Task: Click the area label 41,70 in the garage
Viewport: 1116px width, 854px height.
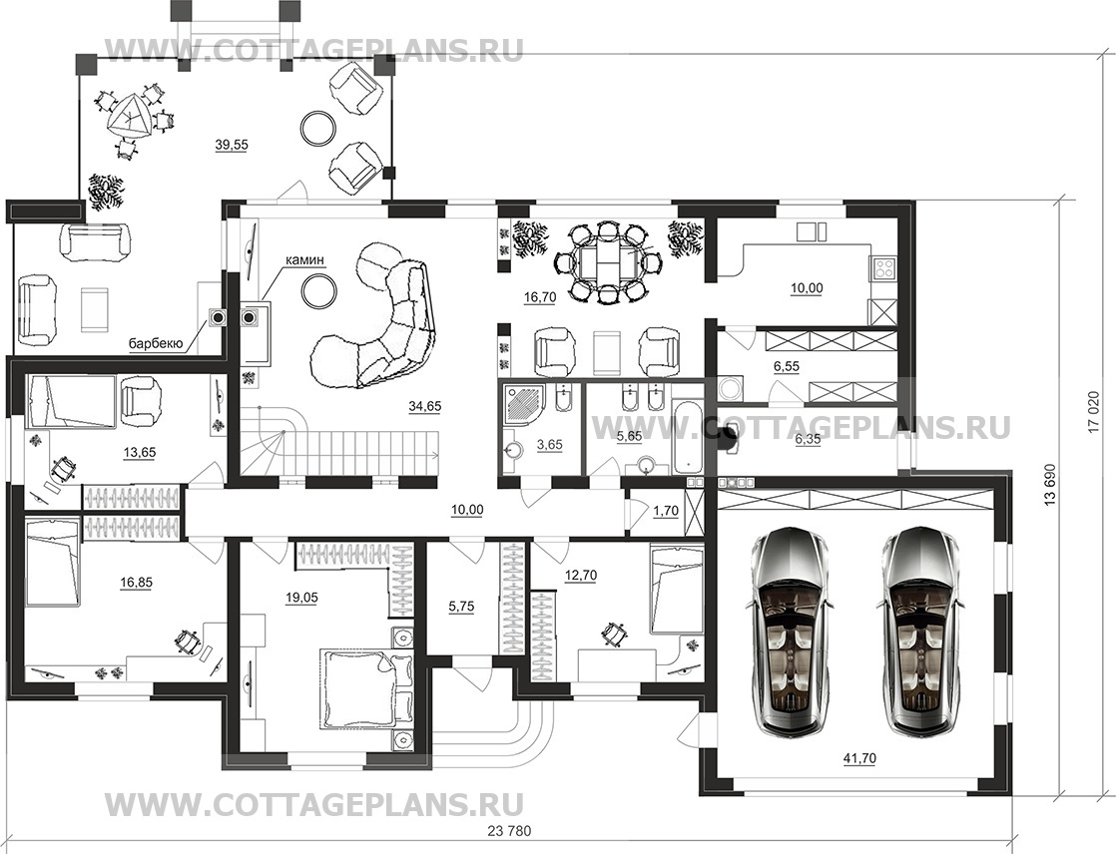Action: pyautogui.click(x=860, y=758)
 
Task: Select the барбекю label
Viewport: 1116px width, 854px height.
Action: pyautogui.click(x=156, y=344)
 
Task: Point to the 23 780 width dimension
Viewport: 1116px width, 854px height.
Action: pyautogui.click(x=510, y=830)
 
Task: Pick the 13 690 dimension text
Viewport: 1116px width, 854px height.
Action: pyautogui.click(x=1049, y=487)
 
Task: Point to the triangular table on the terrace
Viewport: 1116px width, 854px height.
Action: pyautogui.click(x=130, y=115)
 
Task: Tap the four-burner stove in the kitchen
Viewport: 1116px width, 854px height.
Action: pyautogui.click(x=883, y=268)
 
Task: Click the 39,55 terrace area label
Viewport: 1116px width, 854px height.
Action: pyautogui.click(x=232, y=145)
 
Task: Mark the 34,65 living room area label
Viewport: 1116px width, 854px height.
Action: pyautogui.click(x=425, y=406)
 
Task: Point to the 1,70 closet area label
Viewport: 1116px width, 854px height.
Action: pyautogui.click(x=666, y=510)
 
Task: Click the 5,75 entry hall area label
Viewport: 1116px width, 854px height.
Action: pyautogui.click(x=461, y=607)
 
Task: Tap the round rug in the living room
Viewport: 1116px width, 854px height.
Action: pyautogui.click(x=318, y=290)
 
